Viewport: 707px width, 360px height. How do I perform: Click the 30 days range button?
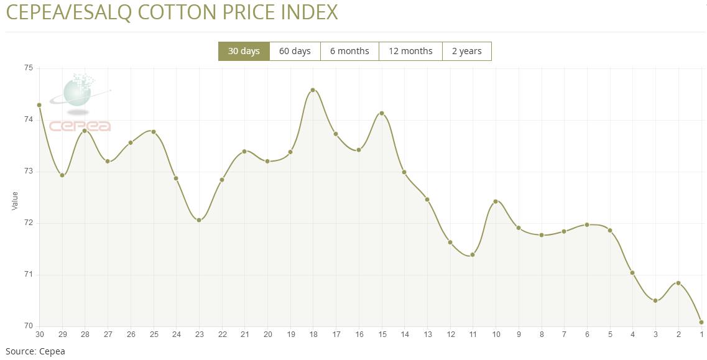(x=244, y=51)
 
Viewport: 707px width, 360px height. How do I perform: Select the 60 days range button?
(x=295, y=51)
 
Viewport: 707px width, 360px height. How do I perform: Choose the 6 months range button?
(x=349, y=51)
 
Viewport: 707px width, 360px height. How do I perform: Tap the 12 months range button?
(x=410, y=51)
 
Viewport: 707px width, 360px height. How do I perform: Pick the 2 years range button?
(x=466, y=51)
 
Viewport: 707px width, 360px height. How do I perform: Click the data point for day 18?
(x=313, y=90)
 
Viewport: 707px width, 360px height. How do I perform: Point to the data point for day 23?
(x=199, y=220)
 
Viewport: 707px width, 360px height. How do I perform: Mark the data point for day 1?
(x=701, y=322)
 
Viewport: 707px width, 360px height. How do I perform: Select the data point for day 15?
(x=382, y=113)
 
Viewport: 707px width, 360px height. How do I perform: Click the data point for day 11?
(x=473, y=255)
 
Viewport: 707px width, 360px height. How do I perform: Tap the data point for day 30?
(x=39, y=105)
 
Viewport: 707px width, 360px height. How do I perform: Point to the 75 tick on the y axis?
(x=28, y=68)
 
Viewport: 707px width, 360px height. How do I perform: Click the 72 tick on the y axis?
(x=28, y=223)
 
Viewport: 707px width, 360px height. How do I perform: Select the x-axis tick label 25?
(x=154, y=335)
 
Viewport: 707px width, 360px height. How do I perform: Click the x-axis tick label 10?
(x=496, y=335)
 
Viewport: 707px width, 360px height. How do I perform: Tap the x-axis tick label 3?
(x=655, y=335)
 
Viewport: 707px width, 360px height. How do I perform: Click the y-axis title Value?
(x=15, y=201)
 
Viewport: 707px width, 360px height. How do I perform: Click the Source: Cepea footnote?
(x=35, y=351)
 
